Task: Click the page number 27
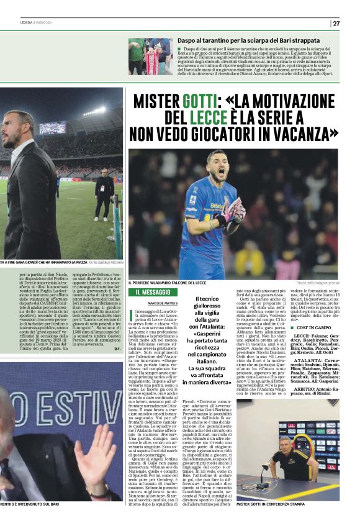pos(336,24)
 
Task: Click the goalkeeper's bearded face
pos(217,164)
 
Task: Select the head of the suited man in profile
pos(19,128)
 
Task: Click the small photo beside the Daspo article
pos(150,56)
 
